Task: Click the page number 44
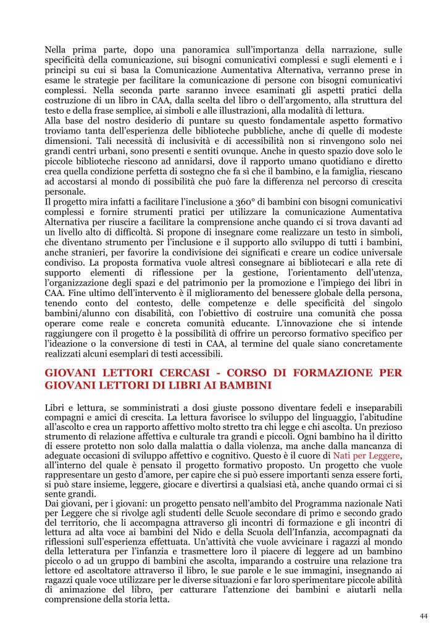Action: (x=423, y=615)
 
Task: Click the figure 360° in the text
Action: (x=248, y=201)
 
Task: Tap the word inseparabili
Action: (x=374, y=407)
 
